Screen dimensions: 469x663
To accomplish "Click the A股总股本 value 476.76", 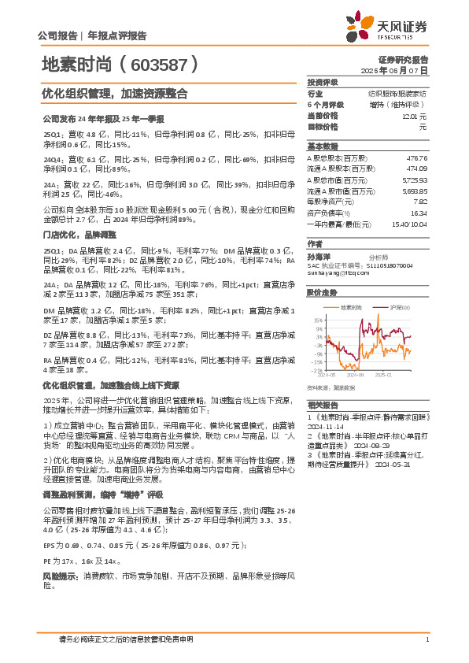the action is [415, 158].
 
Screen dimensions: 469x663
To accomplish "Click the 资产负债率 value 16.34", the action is [419, 213].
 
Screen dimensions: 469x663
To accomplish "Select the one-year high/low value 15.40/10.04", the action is [408, 224].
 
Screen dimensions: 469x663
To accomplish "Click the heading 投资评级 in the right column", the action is [323, 82].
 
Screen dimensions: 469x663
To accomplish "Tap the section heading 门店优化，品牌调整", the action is [78, 235].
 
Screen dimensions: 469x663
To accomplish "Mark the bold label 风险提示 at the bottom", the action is [58, 577].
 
